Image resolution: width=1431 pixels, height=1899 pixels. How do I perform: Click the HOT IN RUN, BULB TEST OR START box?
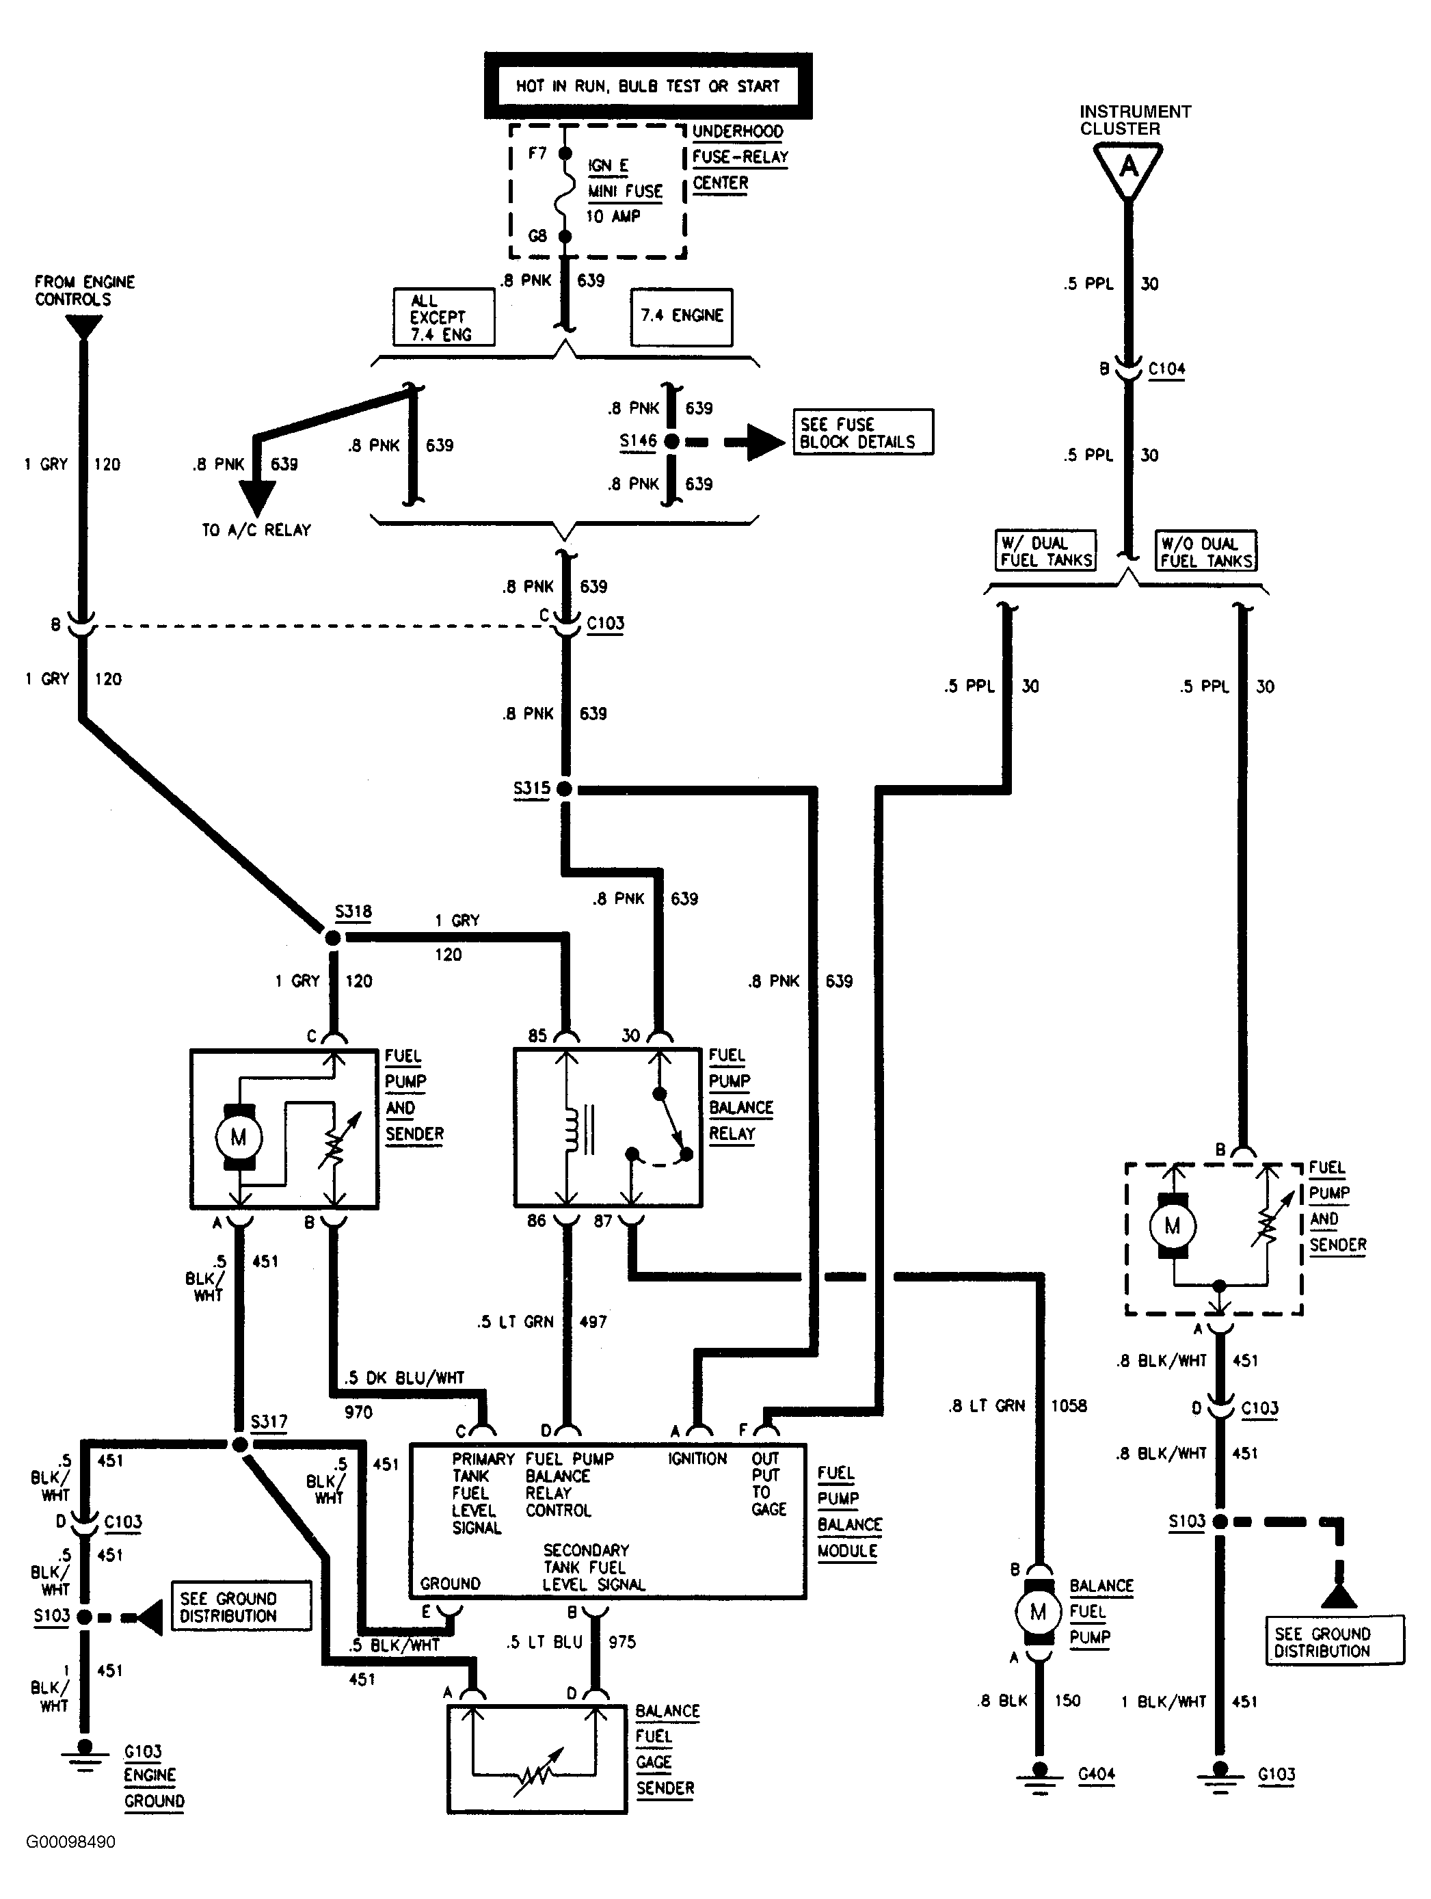(648, 86)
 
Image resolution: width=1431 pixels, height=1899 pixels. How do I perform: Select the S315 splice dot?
(564, 788)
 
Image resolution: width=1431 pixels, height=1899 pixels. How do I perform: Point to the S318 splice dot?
(333, 938)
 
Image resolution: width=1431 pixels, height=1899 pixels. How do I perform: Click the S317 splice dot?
(241, 1445)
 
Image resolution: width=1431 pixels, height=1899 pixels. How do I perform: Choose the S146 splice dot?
(671, 441)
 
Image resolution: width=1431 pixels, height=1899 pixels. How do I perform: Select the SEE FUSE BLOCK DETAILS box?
(862, 431)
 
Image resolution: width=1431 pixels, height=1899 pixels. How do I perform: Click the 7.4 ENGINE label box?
(682, 316)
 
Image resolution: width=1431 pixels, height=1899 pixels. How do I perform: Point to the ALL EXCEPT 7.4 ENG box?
(444, 317)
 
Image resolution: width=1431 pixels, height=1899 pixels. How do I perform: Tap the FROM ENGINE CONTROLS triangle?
(83, 327)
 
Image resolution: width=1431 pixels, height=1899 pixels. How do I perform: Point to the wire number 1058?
(1069, 1405)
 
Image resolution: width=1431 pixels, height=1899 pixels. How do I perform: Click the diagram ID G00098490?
(70, 1842)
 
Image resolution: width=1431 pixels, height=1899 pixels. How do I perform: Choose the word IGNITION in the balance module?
(697, 1459)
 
